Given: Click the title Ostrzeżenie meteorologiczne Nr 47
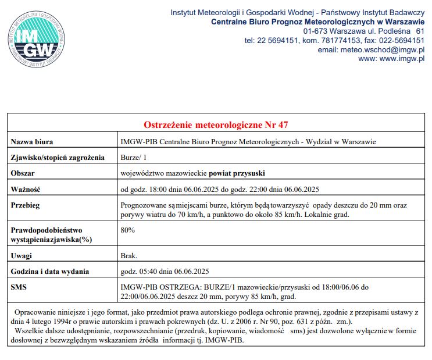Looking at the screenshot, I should click(216, 125).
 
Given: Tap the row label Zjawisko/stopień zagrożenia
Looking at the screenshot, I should click(58, 157).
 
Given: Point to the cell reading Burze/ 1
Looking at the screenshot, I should click(133, 157).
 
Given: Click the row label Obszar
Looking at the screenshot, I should click(23, 173).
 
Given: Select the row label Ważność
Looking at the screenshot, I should click(26, 189).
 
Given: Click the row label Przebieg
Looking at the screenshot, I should click(26, 205).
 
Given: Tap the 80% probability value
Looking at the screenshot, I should click(127, 230).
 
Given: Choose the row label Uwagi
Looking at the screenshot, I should click(22, 255).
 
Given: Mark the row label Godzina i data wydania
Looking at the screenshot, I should click(50, 271).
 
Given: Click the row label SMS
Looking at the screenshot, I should click(19, 287).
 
